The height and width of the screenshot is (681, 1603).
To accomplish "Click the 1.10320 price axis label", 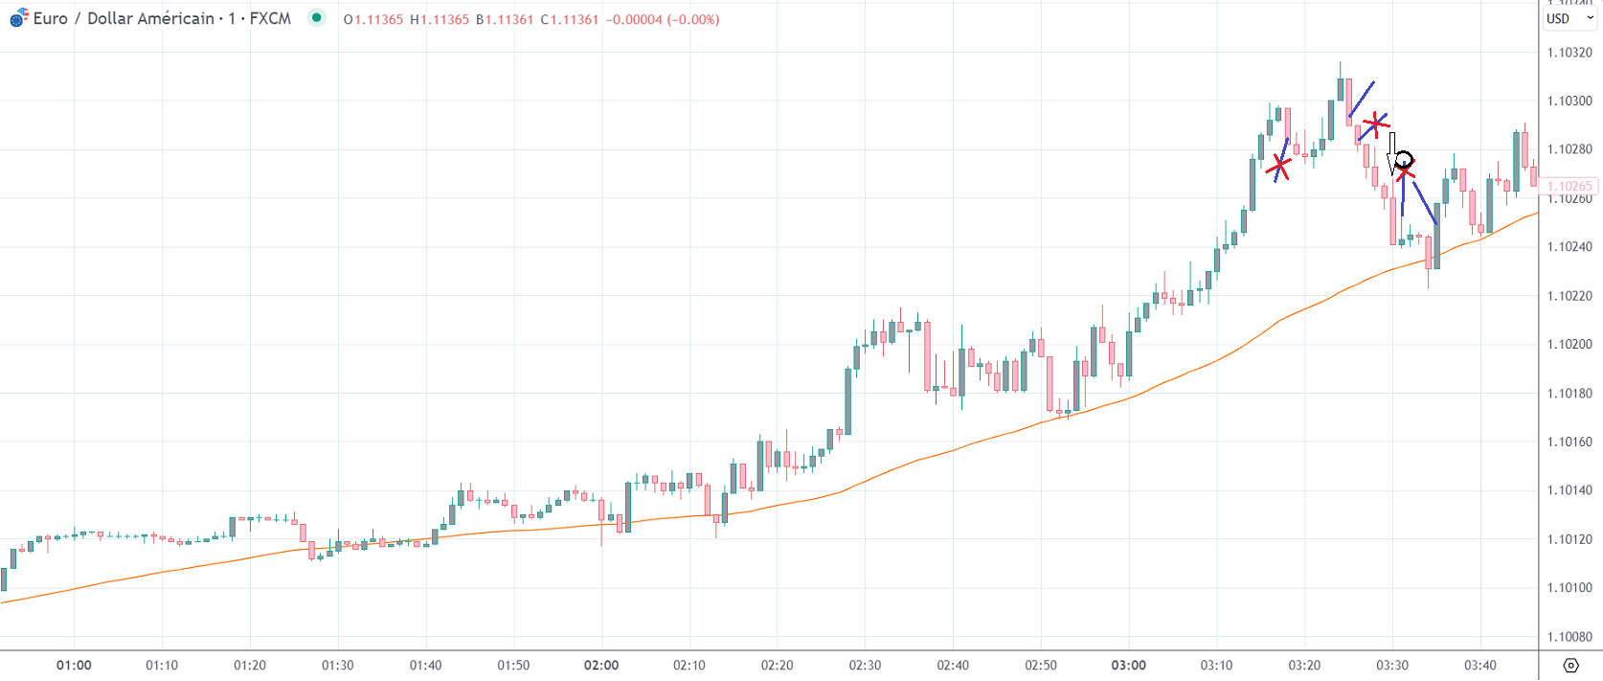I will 1569,53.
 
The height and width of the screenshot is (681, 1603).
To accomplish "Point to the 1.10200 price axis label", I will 1569,345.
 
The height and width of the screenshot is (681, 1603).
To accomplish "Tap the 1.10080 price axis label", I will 1569,637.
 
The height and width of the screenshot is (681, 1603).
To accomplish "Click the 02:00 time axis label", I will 601,666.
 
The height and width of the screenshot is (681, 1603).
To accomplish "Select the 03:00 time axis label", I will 1128,666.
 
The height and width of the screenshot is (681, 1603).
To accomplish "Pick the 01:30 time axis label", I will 337,666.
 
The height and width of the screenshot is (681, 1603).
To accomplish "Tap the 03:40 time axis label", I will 1479,666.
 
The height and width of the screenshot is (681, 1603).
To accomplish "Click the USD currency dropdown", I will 1569,18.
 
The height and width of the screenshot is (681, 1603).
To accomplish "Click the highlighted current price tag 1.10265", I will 1569,187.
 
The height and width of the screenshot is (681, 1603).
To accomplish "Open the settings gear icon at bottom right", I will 1570,666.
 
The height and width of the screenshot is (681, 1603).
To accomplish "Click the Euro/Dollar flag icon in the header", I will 19,18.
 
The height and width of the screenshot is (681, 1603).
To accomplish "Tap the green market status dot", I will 316,17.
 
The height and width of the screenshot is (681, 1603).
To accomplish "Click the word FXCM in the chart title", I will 270,18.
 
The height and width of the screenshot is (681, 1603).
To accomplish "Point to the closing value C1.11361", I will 569,19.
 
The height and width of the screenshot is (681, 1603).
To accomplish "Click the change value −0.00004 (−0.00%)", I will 663,19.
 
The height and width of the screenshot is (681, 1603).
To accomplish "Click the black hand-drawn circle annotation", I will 1403,159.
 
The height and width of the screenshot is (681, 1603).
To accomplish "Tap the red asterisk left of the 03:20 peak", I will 1278,167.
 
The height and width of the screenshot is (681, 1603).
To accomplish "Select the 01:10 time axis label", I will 162,666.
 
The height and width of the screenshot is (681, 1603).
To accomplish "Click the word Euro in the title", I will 50,18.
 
